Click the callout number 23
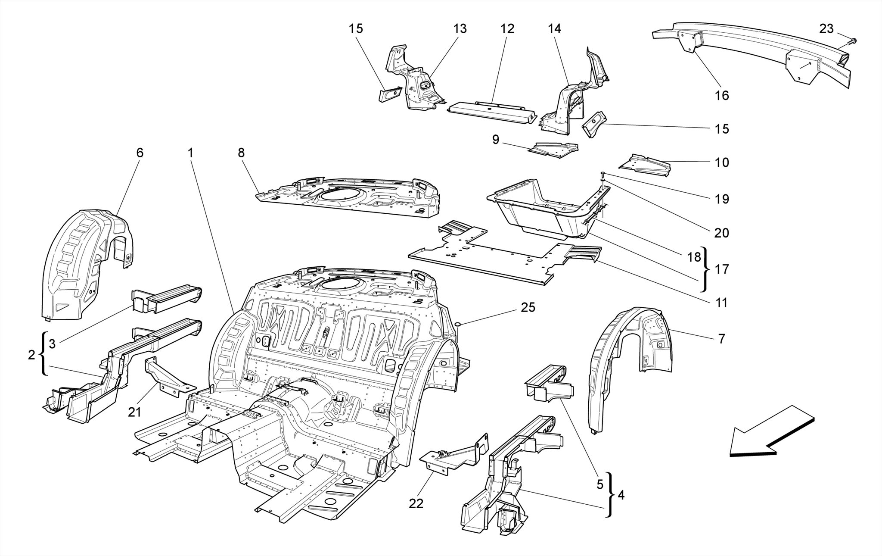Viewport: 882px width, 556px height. pyautogui.click(x=826, y=29)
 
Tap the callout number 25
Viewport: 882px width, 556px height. pyautogui.click(x=528, y=307)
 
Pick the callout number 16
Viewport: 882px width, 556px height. pyautogui.click(x=722, y=95)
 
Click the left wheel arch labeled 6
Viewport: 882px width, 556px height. pyautogui.click(x=86, y=263)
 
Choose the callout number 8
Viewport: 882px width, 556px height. pyautogui.click(x=241, y=153)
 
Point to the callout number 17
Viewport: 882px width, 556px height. pyautogui.click(x=722, y=269)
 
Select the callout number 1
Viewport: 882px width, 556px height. pyautogui.click(x=190, y=153)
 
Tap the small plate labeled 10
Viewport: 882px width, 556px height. pyautogui.click(x=646, y=166)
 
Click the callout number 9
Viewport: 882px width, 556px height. pyautogui.click(x=495, y=140)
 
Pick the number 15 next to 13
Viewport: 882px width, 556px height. pyautogui.click(x=356, y=29)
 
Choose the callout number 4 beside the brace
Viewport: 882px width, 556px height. pyautogui.click(x=621, y=495)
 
